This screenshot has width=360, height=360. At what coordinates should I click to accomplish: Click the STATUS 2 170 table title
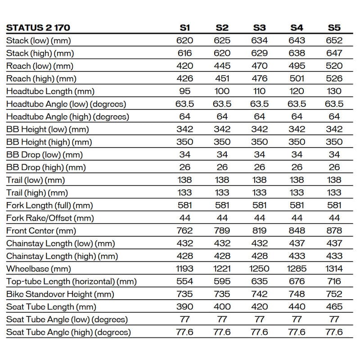(38, 27)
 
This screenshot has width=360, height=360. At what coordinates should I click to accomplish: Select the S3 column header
(259, 27)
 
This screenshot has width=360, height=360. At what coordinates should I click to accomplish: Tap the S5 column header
(334, 27)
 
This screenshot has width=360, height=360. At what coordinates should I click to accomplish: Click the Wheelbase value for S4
(297, 269)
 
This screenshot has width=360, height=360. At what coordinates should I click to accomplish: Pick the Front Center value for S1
(184, 231)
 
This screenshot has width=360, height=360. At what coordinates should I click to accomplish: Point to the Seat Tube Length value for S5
(334, 307)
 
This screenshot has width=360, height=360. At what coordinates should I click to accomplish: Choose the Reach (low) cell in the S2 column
(222, 66)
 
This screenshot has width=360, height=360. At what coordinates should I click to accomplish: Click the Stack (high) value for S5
(334, 53)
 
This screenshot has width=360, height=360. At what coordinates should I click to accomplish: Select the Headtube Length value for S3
(259, 91)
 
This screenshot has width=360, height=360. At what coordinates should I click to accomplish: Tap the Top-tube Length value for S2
(222, 282)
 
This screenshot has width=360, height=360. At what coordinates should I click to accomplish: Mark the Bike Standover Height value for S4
(297, 294)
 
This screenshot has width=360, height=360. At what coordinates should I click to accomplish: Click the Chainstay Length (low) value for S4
(297, 243)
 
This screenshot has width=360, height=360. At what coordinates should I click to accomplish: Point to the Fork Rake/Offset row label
(50, 218)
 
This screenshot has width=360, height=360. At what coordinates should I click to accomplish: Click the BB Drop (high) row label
(46, 167)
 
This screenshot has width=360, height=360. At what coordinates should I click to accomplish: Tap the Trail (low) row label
(36, 180)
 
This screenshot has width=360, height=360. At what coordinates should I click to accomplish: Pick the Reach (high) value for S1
(184, 78)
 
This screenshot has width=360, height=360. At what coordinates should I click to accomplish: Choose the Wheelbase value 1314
(334, 269)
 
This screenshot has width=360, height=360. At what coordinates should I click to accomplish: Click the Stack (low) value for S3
(259, 40)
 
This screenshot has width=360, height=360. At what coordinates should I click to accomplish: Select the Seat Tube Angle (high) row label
(68, 333)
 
